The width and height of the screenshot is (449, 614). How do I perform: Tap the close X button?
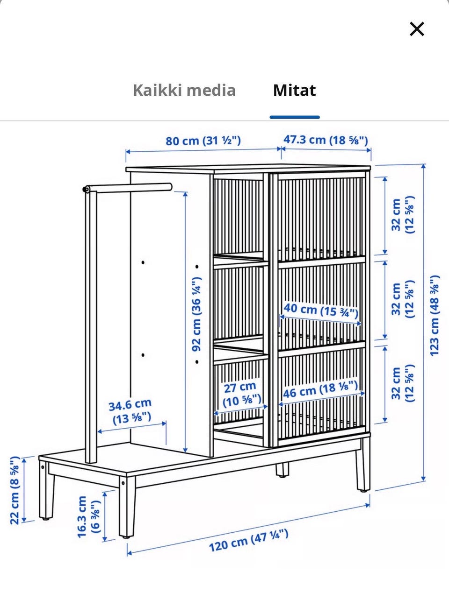[x=417, y=29]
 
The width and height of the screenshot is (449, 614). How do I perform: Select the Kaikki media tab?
[x=184, y=90]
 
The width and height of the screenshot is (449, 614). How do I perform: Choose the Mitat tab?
[x=294, y=90]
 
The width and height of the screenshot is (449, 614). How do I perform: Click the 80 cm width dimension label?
[x=203, y=141]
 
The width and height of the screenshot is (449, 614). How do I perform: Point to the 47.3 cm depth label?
[x=326, y=140]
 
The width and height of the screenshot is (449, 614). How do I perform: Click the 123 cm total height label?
[x=435, y=315]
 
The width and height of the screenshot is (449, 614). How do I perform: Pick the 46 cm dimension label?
[x=321, y=389]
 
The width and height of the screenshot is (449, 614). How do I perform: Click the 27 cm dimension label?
[x=241, y=394]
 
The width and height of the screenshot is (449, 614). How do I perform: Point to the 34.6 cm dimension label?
[x=130, y=411]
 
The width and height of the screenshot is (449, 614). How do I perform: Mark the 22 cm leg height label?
[x=15, y=490]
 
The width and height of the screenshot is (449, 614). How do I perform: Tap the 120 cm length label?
[x=248, y=540]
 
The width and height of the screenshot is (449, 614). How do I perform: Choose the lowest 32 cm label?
[x=402, y=383]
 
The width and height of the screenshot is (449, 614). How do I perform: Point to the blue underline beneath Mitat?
[x=295, y=117]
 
